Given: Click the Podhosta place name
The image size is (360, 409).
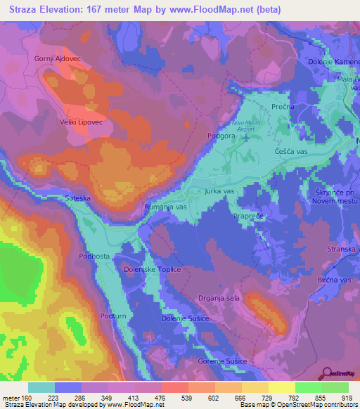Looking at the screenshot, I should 94,257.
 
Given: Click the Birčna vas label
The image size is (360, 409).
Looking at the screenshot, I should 335,280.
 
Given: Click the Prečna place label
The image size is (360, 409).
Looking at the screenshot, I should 282,106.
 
